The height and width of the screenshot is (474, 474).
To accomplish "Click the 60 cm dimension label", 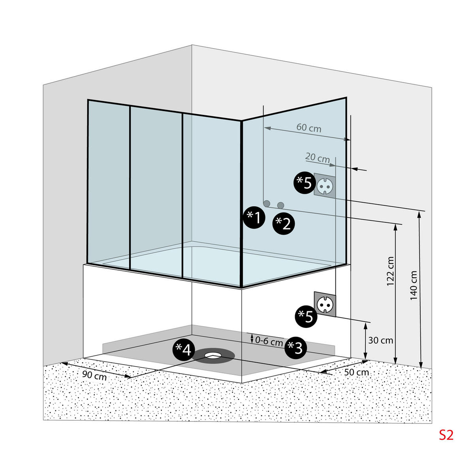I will coord(309,128).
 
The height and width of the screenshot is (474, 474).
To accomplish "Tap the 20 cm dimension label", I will coord(318,158).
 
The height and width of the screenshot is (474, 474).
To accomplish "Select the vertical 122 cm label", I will coord(391,271).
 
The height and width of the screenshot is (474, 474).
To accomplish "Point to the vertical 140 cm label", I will coord(414,285).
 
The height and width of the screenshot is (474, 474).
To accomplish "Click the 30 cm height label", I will coord(380,340).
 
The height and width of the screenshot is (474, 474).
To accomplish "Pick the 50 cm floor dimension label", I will coord(356,372).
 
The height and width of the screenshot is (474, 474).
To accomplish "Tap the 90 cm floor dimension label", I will coord(94,376).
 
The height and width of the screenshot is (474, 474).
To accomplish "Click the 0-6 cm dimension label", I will coord(269,340).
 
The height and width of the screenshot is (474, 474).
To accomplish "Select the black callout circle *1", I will coord(254,217).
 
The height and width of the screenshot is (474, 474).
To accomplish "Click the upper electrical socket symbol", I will coord(325,184).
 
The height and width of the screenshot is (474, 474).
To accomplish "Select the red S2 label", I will coord(446,435).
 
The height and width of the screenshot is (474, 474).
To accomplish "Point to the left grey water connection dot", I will coord(267,203).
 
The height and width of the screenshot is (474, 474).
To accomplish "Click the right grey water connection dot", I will coord(281,205).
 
